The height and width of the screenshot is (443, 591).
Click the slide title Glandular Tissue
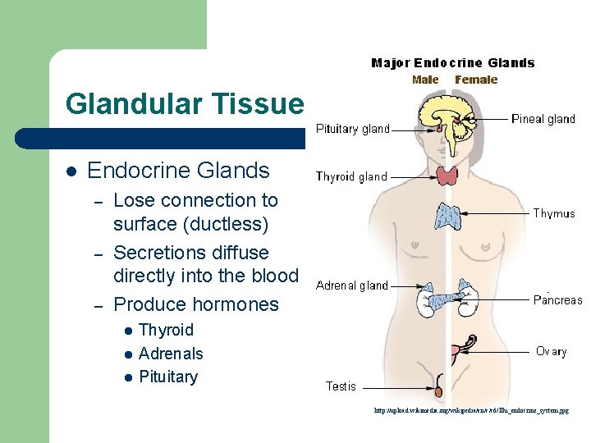tap(184, 104)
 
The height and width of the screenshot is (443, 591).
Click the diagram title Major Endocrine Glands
tap(452, 63)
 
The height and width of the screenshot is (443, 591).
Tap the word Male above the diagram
tap(425, 80)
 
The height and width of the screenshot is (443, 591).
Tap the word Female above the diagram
tap(476, 80)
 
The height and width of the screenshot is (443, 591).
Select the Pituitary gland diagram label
tap(353, 129)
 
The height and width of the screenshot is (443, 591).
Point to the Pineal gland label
tap(543, 119)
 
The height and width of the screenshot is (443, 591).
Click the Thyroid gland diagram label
tap(351, 176)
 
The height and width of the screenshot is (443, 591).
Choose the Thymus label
tap(554, 213)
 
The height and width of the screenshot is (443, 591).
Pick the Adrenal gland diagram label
tap(351, 285)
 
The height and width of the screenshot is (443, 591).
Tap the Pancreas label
tap(557, 300)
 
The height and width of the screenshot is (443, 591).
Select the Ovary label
tap(551, 351)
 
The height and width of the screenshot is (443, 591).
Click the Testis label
tap(341, 386)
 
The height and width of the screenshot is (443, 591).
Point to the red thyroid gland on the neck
tap(447, 175)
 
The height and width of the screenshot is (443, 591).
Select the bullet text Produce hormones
tap(196, 304)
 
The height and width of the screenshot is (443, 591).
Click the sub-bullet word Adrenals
tap(171, 354)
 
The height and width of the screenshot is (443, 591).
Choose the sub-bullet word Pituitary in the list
tap(168, 377)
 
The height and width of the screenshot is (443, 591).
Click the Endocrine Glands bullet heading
tap(178, 171)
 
